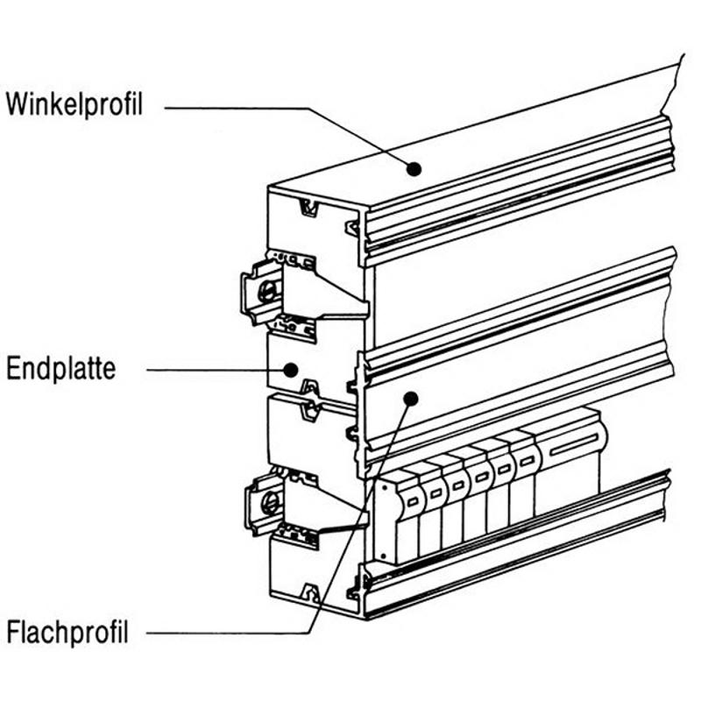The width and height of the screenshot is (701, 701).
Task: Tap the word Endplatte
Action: click(x=60, y=369)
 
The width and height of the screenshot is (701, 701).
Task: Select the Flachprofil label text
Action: click(x=67, y=632)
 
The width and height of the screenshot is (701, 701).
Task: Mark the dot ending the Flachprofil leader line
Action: click(x=409, y=399)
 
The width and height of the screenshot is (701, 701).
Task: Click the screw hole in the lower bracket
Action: click(x=271, y=502)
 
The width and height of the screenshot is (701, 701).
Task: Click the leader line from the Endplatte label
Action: click(x=210, y=369)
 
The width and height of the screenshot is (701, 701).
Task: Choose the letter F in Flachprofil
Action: click(x=12, y=632)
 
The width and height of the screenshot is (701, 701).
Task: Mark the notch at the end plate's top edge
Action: click(x=308, y=208)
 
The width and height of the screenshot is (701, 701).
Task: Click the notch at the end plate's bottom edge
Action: click(x=309, y=594)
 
